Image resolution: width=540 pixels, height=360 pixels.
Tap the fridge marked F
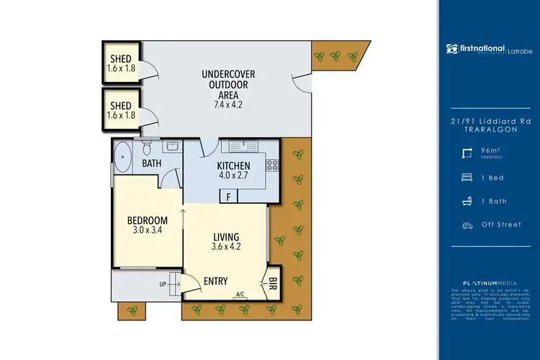pyautogui.click(x=228, y=196)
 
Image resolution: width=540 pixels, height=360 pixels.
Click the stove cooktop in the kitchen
pyautogui.click(x=273, y=166)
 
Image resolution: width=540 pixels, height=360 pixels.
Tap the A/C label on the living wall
pyautogui.click(x=240, y=294)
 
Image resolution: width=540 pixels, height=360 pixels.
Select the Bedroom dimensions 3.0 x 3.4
pyautogui.click(x=148, y=230)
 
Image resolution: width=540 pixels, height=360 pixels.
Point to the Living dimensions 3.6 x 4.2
pyautogui.click(x=225, y=247)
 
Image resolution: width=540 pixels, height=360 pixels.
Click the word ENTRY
pyautogui.click(x=216, y=282)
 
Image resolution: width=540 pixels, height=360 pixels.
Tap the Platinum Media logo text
pyautogui.click(x=488, y=282)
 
